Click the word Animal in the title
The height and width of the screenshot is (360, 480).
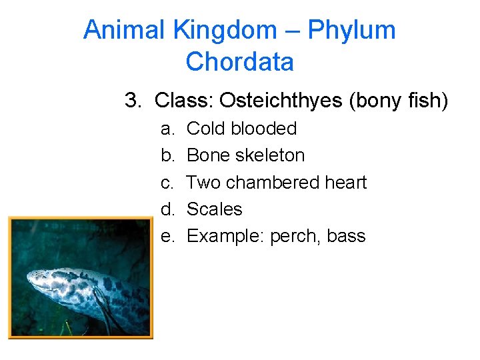(x=125, y=30)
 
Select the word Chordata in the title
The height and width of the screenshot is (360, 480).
(x=239, y=62)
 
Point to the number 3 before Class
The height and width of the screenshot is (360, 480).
(x=133, y=101)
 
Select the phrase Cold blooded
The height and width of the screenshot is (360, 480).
(x=241, y=129)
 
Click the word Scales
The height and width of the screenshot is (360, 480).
(x=214, y=209)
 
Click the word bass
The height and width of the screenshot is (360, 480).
(x=347, y=236)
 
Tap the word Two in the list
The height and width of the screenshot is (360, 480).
(x=201, y=182)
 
